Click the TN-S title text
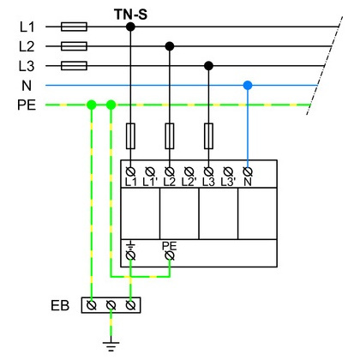[x=131, y=15]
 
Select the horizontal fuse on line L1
[x=74, y=27]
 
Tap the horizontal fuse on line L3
[x=74, y=66]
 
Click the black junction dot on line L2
[x=170, y=46]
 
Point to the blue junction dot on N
[x=248, y=85]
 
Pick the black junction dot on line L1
[x=130, y=27]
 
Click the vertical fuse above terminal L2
[x=170, y=136]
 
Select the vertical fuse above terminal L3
[x=208, y=136]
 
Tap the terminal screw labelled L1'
[x=150, y=171]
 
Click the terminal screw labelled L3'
[x=228, y=171]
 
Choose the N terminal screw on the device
[x=248, y=171]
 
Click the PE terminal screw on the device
[x=170, y=255]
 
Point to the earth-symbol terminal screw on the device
[x=130, y=255]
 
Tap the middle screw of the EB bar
[x=111, y=305]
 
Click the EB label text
[x=60, y=306]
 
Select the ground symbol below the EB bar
[x=111, y=346]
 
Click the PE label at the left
[x=27, y=105]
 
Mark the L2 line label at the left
[x=27, y=46]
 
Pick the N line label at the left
[x=27, y=86]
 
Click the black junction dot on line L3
[x=208, y=66]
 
